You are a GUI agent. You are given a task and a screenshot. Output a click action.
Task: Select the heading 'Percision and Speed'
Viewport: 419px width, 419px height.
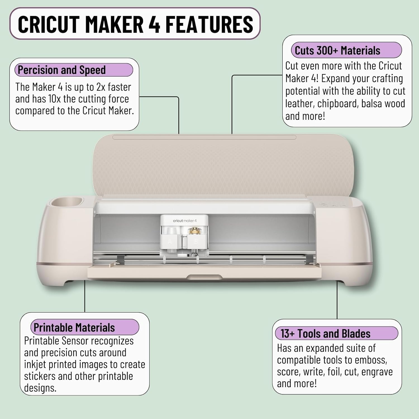(x=62, y=70)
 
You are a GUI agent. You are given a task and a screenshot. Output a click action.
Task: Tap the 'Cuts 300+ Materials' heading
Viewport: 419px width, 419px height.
(x=337, y=51)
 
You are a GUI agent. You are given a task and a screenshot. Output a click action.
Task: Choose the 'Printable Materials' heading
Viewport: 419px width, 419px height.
(x=74, y=327)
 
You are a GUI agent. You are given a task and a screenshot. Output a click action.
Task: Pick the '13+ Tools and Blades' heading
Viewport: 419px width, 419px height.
(x=325, y=334)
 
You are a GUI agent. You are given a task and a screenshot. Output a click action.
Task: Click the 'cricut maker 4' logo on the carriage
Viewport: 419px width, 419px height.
(x=185, y=221)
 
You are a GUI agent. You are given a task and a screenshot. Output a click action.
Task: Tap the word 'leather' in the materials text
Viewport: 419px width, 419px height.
(x=300, y=104)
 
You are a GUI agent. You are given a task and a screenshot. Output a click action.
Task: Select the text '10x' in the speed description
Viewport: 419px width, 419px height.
(x=54, y=99)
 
